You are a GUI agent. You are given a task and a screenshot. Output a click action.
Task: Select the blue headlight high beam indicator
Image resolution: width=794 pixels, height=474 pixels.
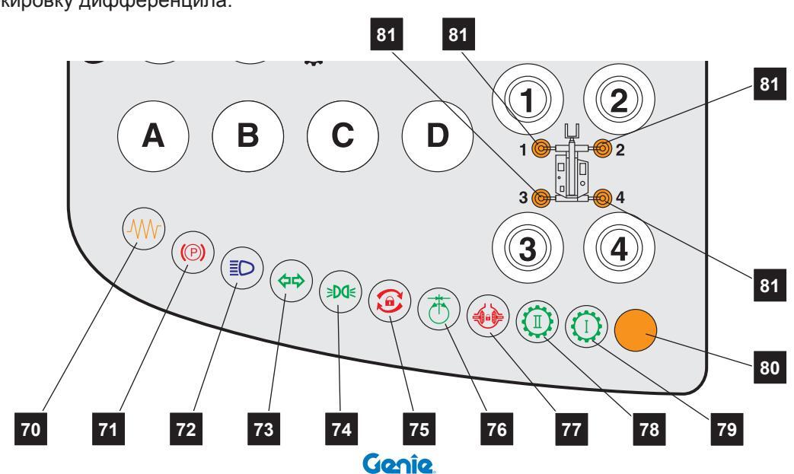tap(236, 268)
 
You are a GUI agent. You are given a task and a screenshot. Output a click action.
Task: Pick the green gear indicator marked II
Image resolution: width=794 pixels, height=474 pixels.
tap(535, 321)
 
